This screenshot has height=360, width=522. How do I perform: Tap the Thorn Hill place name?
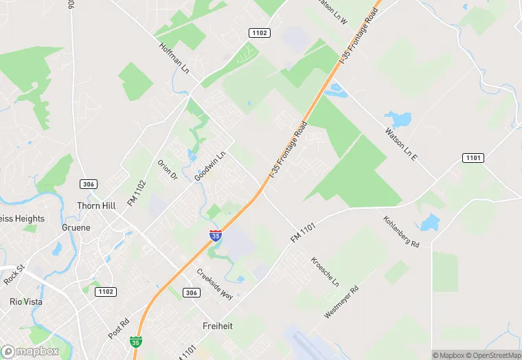(x=96, y=206)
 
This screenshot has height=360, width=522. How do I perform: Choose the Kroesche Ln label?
(x=326, y=272)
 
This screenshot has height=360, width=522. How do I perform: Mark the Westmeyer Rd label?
(x=341, y=302)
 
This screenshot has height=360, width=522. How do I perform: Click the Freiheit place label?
(x=218, y=326)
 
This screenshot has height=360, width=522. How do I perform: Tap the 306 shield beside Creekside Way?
(x=192, y=293)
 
